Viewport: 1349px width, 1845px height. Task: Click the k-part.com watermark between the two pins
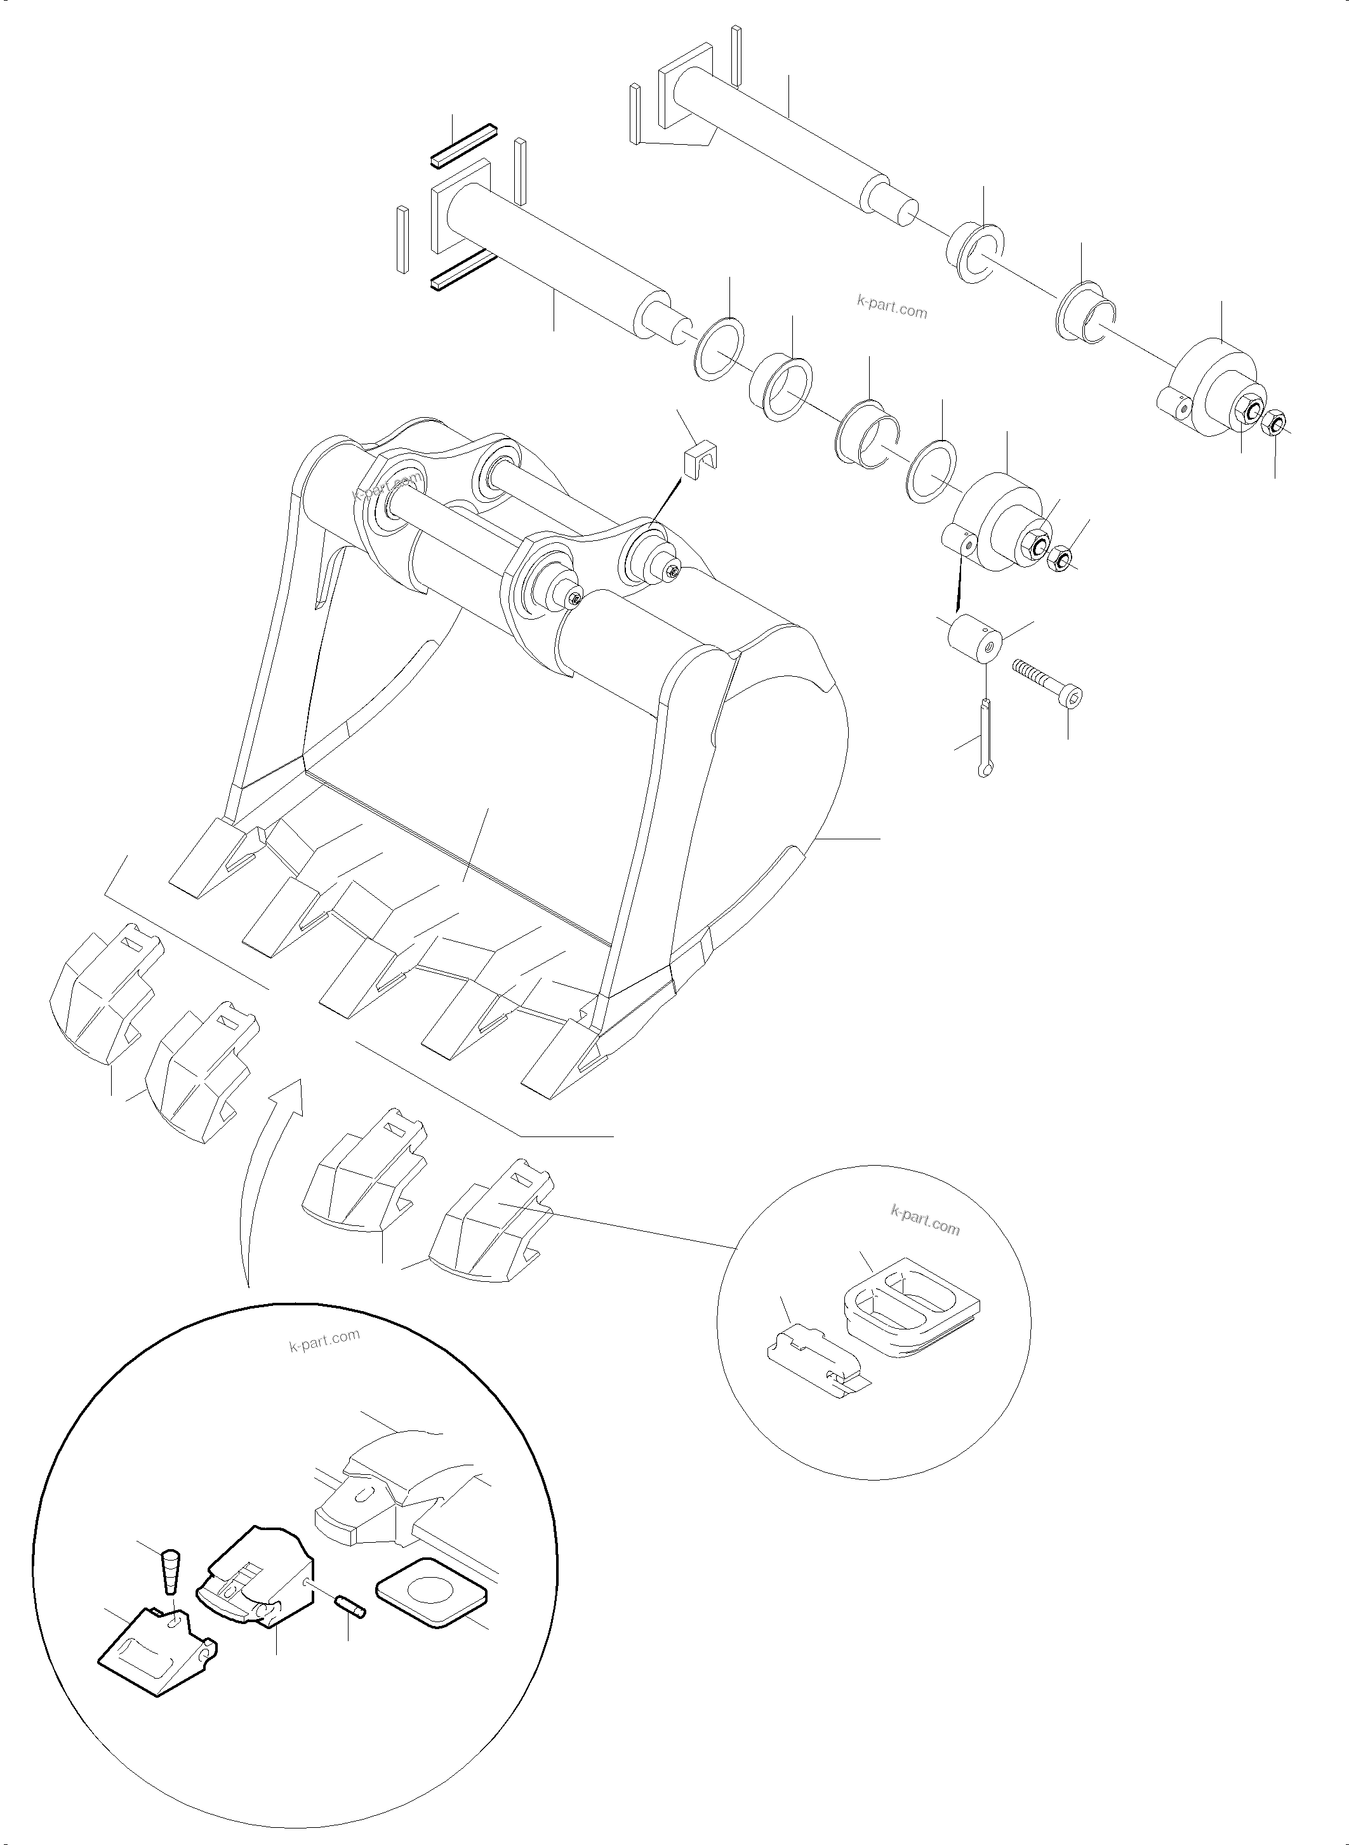tap(892, 310)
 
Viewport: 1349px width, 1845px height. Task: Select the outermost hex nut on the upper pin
tap(1277, 423)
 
